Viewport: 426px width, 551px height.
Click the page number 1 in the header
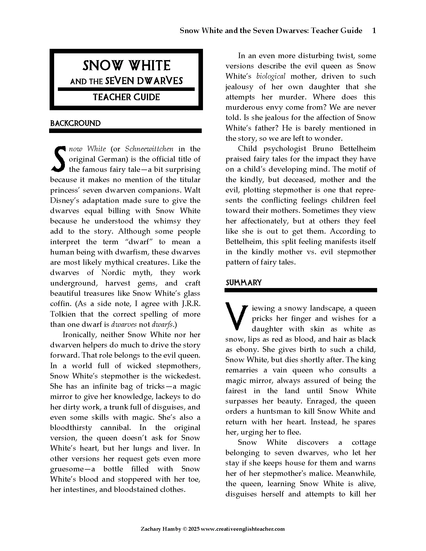(x=374, y=31)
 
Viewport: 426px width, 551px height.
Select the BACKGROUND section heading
(x=75, y=123)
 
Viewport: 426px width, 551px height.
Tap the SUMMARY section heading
(x=244, y=283)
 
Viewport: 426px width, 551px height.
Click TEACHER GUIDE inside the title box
(x=126, y=97)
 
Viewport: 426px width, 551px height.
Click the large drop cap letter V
(x=237, y=317)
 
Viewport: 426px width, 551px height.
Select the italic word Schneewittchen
(x=149, y=149)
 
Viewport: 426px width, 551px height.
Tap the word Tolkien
(x=63, y=314)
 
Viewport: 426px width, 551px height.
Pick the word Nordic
(x=113, y=273)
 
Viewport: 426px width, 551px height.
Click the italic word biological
(x=271, y=76)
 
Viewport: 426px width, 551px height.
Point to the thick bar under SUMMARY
(x=300, y=290)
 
